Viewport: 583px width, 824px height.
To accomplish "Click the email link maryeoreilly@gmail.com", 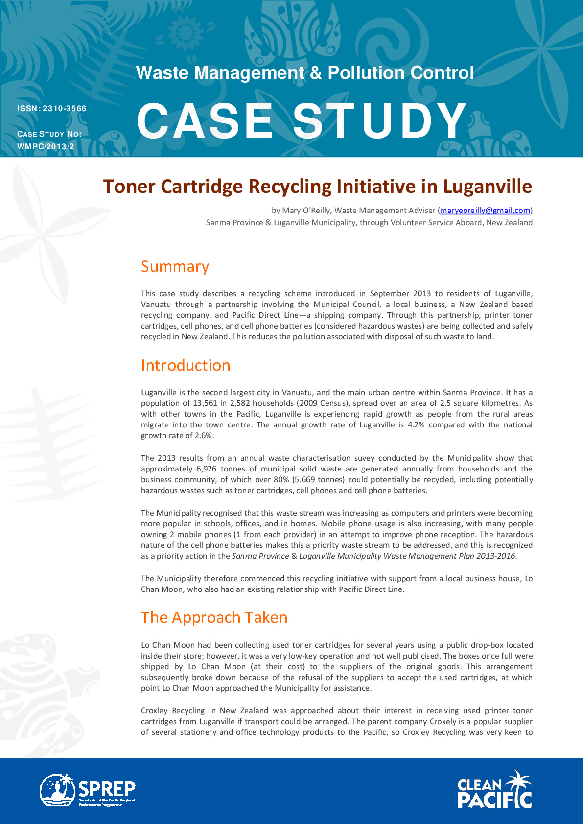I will pos(485,211).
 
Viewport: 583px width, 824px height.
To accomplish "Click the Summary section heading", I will pos(175,266).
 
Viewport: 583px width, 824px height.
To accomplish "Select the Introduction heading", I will pos(186,365).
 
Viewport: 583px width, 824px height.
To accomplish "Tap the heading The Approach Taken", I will pos(214,617).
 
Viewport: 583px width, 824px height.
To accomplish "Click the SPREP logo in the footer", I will pos(88,790).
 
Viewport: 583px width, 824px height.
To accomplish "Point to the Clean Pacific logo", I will pos(494,790).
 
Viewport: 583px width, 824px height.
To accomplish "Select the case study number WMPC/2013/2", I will pos(46,146).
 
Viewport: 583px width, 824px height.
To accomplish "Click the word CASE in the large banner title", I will pos(205,121).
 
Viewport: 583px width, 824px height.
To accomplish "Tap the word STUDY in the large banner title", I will pos(380,121).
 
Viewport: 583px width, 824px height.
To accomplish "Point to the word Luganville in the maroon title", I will pos(488,187).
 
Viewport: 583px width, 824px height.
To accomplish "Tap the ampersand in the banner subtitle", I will pos(316,73).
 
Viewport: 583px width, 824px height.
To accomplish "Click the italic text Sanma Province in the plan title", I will pos(260,556).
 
